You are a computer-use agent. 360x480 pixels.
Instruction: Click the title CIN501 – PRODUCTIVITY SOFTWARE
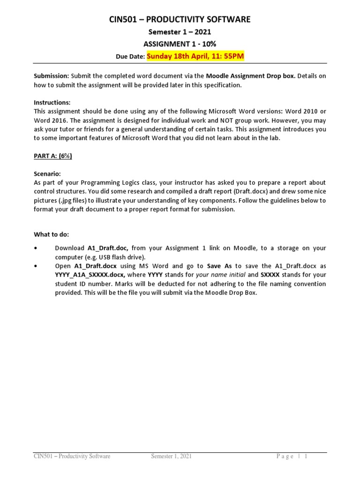click(x=180, y=19)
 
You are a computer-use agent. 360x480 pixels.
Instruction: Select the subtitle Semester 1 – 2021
click(x=180, y=32)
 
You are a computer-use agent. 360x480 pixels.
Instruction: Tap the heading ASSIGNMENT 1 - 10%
click(x=180, y=44)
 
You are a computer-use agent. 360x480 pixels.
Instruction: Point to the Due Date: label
click(x=130, y=57)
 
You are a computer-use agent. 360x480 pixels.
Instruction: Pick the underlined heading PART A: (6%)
click(x=53, y=156)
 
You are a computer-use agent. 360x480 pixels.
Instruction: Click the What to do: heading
click(x=51, y=234)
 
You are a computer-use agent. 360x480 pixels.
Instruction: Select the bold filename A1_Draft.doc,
click(x=109, y=248)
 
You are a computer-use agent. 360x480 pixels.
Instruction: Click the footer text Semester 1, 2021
click(x=171, y=456)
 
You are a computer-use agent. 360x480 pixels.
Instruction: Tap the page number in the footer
click(x=305, y=456)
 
